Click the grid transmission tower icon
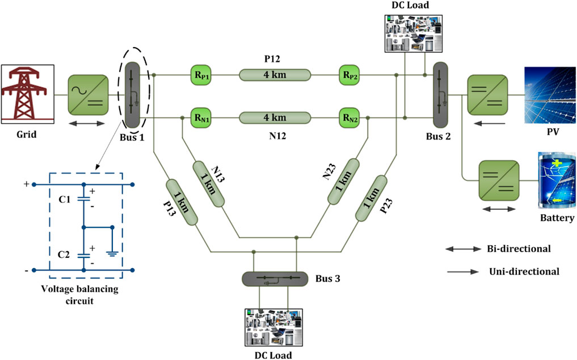coord(27,94)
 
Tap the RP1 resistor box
coord(203,75)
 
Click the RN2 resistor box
coord(349,118)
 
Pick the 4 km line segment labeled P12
coord(275,75)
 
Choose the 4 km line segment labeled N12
coord(275,118)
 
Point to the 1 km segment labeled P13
coord(181,202)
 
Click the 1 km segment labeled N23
coord(343,181)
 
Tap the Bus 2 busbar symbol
coord(440,94)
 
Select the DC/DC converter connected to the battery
coord(498,180)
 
